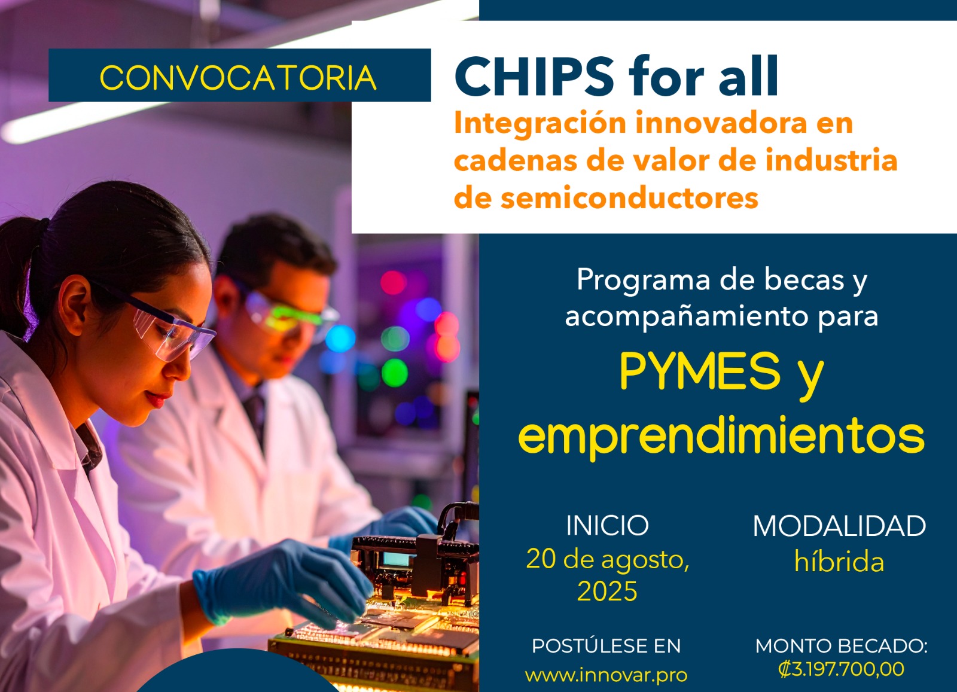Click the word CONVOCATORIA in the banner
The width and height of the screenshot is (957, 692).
point(238,78)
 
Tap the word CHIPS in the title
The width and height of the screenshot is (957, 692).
point(535,77)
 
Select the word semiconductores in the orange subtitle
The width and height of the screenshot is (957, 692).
point(629,198)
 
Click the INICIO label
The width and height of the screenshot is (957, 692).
point(607,525)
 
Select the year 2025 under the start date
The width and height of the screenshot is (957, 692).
point(607,591)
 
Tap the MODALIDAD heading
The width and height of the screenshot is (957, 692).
point(839,525)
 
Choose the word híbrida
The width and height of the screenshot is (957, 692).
point(839,561)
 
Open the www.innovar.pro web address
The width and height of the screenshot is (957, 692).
point(606,675)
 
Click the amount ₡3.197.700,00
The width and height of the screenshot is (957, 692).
point(841,669)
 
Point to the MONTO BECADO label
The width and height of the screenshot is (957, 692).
point(841,646)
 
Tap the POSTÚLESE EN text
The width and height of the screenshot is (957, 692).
point(606,646)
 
